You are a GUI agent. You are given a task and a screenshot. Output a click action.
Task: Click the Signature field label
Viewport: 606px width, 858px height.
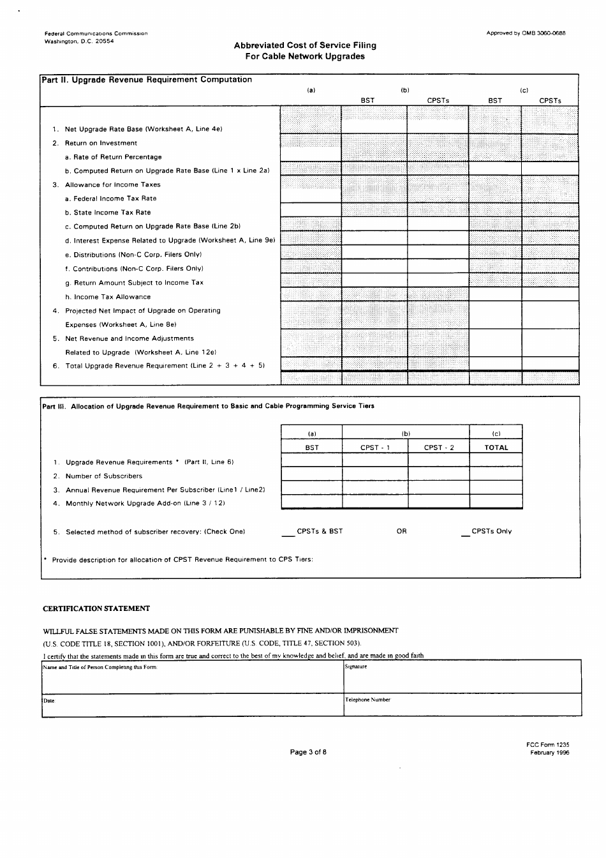tap(356, 666)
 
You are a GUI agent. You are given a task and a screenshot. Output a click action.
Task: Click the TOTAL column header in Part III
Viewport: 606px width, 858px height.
tap(496, 448)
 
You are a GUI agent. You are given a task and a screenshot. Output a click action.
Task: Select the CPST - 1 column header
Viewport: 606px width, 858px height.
tap(374, 448)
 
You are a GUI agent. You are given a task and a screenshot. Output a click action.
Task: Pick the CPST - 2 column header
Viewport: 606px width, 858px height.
tap(439, 448)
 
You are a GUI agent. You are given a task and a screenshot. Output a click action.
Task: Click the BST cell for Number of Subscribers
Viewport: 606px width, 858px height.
tap(311, 475)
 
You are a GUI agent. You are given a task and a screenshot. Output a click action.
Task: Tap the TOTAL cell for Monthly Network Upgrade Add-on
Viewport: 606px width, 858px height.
tap(496, 502)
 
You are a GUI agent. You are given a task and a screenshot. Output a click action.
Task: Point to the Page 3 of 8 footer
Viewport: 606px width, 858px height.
tap(308, 752)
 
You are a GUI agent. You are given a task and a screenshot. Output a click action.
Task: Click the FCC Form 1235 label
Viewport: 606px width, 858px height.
tap(548, 744)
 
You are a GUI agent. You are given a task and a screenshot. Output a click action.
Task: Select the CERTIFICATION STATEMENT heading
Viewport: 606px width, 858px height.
tap(96, 608)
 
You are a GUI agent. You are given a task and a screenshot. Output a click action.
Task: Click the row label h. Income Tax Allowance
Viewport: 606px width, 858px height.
tap(108, 297)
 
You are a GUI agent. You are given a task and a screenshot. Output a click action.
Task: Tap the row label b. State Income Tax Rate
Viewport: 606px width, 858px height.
tap(108, 213)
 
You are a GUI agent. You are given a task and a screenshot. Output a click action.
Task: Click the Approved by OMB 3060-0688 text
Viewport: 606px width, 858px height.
tap(526, 33)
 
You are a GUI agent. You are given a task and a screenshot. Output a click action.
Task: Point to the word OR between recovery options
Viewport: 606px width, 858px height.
tap(401, 531)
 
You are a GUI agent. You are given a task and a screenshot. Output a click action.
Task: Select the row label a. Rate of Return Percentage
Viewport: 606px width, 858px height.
tap(114, 157)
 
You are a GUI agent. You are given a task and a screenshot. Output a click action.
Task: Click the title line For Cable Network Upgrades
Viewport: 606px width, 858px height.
tap(305, 56)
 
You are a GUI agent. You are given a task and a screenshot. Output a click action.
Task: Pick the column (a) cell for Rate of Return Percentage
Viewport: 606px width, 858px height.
tap(311, 154)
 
